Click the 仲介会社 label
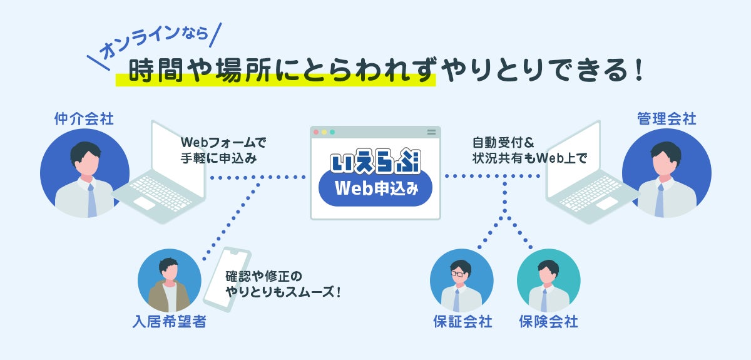[x=84, y=119]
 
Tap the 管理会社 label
[x=667, y=119]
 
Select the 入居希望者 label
[x=170, y=323]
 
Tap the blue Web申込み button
[x=375, y=188]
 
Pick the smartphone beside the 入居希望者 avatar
[x=227, y=279]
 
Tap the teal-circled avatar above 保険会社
[x=548, y=280]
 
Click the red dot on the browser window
[x=316, y=132]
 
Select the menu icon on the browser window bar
[x=431, y=132]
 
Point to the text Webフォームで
[x=223, y=141]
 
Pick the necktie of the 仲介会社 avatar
[x=91, y=199]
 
